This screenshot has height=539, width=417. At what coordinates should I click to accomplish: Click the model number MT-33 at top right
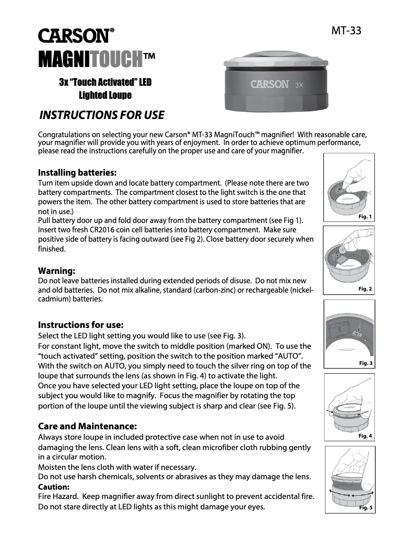[x=346, y=31]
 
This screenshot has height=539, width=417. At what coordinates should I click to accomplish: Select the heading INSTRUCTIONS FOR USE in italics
[x=102, y=115]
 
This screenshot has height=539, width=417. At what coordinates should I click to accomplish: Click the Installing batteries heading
[x=77, y=173]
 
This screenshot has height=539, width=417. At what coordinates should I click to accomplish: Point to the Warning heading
[x=57, y=271]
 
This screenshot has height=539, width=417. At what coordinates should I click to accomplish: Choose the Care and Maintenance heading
[x=88, y=426]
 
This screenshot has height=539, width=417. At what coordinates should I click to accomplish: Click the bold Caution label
[x=54, y=487]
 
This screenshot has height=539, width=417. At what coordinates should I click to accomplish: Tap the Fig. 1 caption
[x=366, y=217]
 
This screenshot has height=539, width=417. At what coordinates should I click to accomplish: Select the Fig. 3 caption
[x=366, y=363]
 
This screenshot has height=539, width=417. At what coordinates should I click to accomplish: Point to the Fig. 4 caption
[x=366, y=436]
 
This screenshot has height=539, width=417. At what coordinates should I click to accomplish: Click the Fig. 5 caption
[x=366, y=508]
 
